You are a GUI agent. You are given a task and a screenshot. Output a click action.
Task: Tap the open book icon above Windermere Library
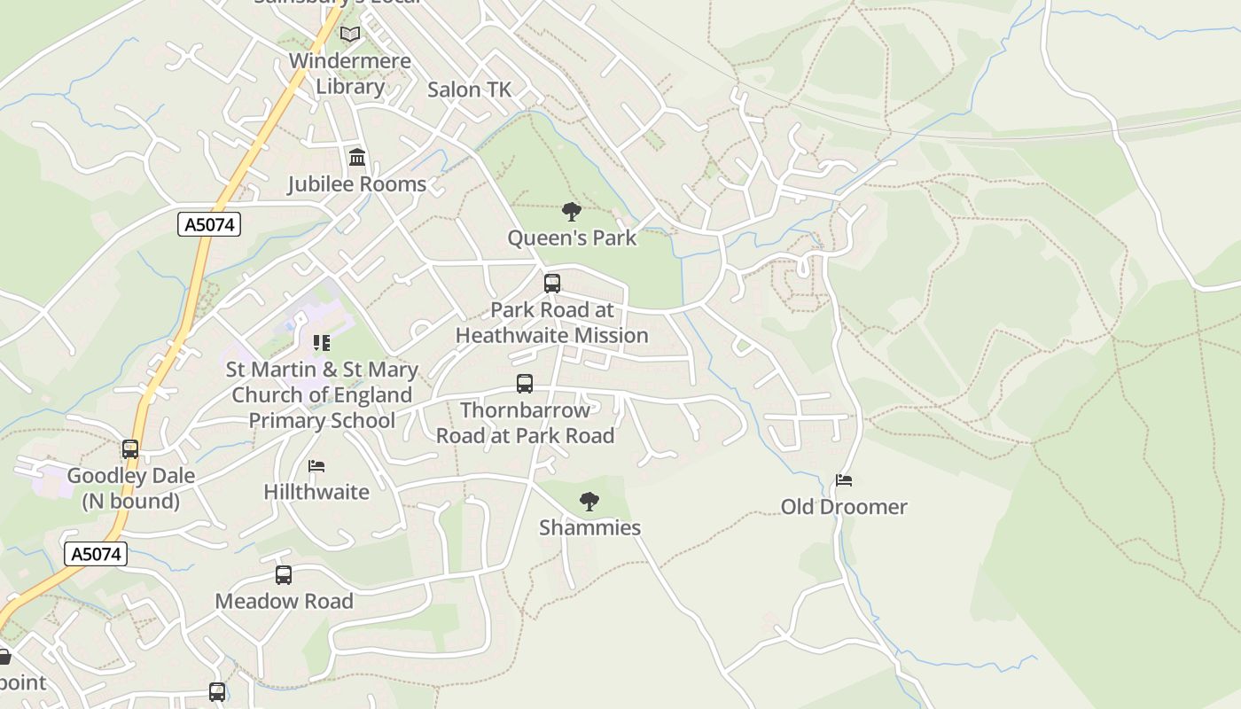coord(350,35)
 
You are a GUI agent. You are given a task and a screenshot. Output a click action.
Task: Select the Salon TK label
coord(469,90)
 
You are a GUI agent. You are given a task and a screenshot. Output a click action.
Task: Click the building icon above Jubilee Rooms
coord(357,158)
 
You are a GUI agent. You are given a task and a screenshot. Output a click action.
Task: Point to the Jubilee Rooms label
coord(356,184)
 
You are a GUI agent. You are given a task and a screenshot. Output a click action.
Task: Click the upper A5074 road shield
coord(209,224)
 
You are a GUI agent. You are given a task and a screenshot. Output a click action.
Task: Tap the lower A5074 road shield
coord(96,554)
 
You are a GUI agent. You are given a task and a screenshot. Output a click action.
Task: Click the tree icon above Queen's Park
coord(572,212)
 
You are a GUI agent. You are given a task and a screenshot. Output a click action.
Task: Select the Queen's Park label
coord(572,238)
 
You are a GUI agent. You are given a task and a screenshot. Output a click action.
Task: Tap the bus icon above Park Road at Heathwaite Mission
coord(552,284)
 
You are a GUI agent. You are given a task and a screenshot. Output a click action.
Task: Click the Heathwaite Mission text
coord(551,335)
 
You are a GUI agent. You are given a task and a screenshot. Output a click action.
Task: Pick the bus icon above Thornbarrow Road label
coord(525,384)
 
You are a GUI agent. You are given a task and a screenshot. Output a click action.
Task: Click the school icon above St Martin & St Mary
coord(321,342)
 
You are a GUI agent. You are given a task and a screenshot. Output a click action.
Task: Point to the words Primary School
coord(321,420)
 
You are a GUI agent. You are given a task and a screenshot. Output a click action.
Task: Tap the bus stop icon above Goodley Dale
coord(130,449)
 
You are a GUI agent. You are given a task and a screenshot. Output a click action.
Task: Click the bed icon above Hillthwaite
coord(316,465)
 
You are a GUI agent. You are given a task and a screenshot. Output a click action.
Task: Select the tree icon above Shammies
coord(589,502)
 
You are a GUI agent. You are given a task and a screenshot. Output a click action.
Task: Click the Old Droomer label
coord(844,507)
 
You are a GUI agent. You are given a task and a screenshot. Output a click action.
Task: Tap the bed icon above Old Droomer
coord(844,480)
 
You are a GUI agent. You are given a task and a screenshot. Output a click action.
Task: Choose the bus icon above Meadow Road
coord(284,575)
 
